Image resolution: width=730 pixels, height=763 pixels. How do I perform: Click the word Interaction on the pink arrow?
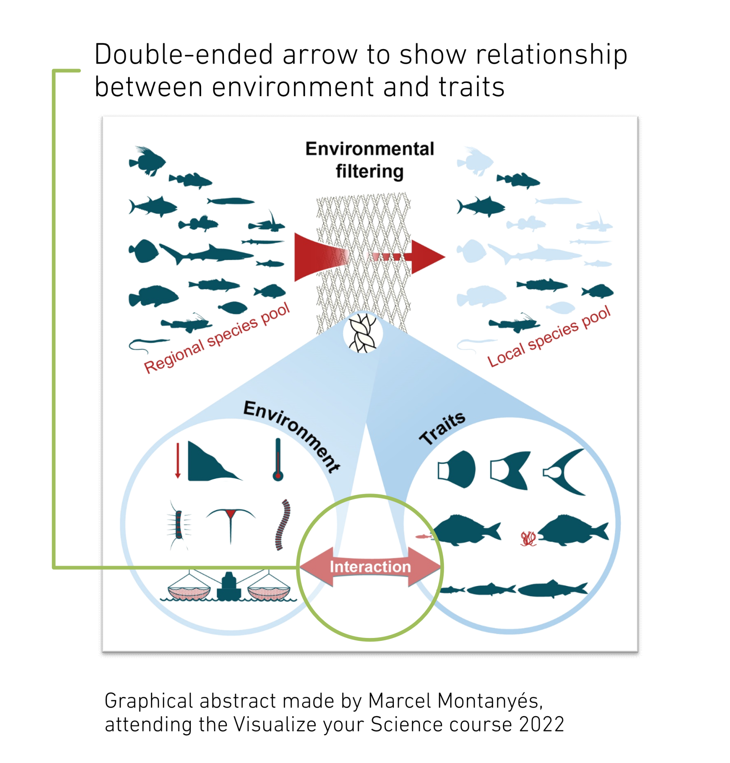pyautogui.click(x=370, y=566)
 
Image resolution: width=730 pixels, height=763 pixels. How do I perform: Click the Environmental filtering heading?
pyautogui.click(x=370, y=160)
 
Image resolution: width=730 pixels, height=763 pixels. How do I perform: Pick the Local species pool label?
pyautogui.click(x=549, y=336)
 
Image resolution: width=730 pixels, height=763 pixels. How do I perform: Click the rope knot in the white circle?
pyautogui.click(x=363, y=333)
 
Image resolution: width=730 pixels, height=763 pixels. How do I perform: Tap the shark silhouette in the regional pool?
pyautogui.click(x=206, y=254)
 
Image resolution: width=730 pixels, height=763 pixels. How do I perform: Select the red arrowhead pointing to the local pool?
pyautogui.click(x=427, y=257)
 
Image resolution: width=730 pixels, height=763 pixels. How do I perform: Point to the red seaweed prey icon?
pyautogui.click(x=528, y=538)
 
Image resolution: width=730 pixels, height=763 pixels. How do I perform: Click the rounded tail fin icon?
pyautogui.click(x=457, y=469)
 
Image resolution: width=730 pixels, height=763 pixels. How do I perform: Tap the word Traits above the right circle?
pyautogui.click(x=442, y=428)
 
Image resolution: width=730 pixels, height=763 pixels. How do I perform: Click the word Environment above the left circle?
pyautogui.click(x=292, y=436)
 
